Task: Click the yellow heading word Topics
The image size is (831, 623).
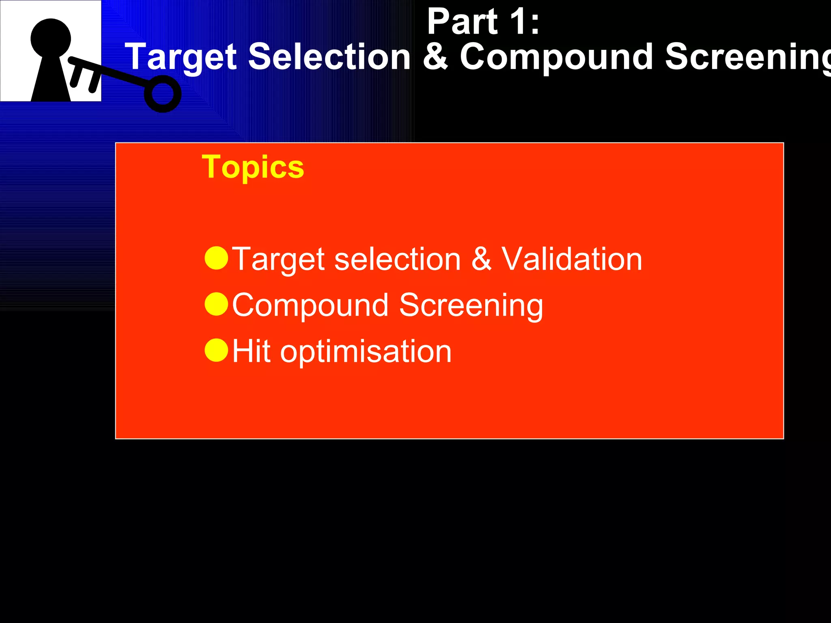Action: (253, 167)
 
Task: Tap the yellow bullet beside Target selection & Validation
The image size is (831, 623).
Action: (216, 258)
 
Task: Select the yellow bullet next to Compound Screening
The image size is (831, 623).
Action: (216, 304)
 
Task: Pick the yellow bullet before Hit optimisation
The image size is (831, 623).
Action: (216, 350)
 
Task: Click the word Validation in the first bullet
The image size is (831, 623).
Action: (572, 259)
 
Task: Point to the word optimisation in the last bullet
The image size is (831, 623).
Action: (366, 352)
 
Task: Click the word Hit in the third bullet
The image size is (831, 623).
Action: (251, 351)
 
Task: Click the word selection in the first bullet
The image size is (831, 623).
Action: (397, 259)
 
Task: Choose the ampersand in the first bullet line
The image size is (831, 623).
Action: (481, 259)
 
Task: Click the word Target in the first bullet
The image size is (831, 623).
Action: (279, 260)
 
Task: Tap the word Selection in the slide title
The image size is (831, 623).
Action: (329, 57)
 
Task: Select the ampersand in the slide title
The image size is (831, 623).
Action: (435, 57)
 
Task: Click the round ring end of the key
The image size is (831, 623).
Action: (163, 94)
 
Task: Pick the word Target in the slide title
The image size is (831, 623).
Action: (181, 58)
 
